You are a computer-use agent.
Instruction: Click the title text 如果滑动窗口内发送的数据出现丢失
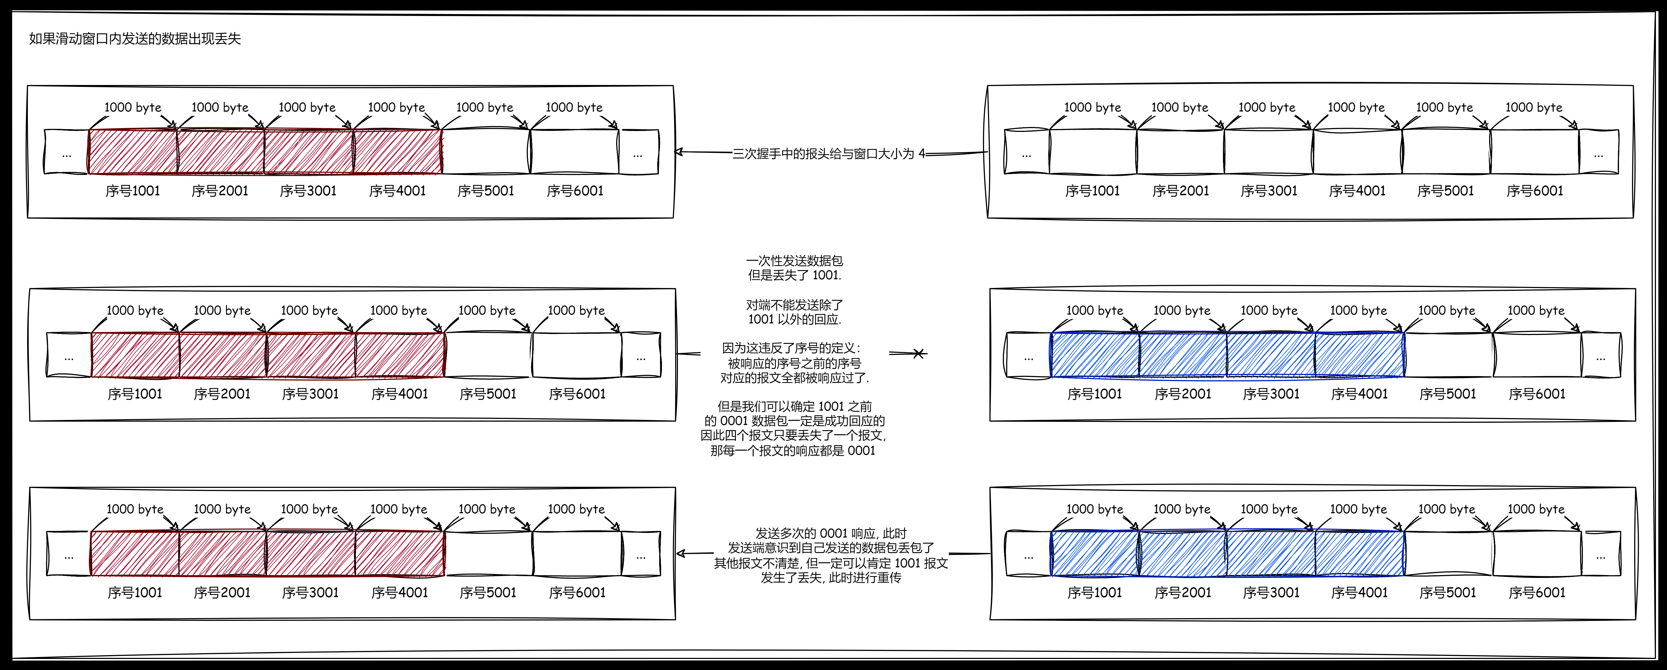coord(135,39)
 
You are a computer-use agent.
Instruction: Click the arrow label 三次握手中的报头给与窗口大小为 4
coord(828,154)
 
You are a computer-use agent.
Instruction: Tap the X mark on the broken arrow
coord(918,353)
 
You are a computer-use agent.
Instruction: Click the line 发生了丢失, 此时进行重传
coord(831,578)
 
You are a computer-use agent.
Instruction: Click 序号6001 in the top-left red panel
coord(575,191)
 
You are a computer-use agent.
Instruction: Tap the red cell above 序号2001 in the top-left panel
coord(220,152)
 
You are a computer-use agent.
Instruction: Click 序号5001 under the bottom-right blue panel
coord(1448,592)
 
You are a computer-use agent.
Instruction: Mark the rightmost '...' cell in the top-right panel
coord(1598,153)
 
